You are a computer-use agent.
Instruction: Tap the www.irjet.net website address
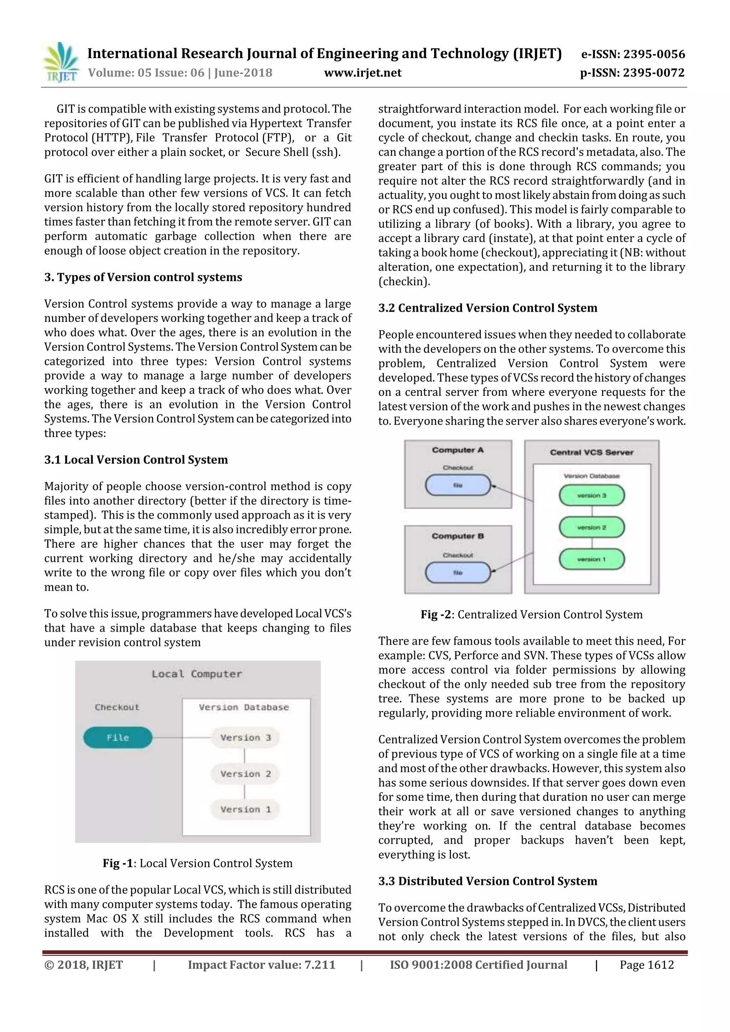pos(363,73)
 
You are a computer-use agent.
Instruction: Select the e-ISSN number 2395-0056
pos(633,55)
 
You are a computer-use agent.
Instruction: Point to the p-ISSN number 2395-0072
pos(632,73)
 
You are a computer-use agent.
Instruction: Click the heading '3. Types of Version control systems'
pos(143,278)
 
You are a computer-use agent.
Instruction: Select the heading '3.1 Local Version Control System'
pos(136,460)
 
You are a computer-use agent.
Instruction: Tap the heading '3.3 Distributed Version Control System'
pos(488,881)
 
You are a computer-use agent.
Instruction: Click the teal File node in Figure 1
pos(118,738)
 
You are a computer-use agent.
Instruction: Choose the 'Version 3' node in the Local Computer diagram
pos(245,738)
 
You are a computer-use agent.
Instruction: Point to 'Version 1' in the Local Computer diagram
pos(245,809)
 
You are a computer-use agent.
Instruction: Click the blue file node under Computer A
pos(458,486)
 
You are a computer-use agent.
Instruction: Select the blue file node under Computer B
pos(458,572)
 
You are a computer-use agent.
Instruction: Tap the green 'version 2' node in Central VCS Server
pos(591,527)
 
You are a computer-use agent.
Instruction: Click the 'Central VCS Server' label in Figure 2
pos(591,452)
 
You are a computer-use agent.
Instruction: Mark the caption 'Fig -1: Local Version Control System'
pos(197,864)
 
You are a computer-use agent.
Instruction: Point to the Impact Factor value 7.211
pos(261,965)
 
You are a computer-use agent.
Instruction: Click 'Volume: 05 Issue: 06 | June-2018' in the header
pos(180,73)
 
